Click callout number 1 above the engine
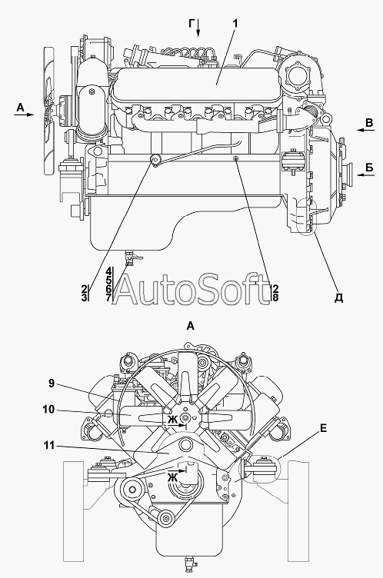coord(235,23)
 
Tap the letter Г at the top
coord(191,24)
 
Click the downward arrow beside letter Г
coord(198,28)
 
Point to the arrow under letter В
coord(365,130)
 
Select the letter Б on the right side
coord(369,168)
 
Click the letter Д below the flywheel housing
coord(338,298)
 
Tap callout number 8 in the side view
coord(275,297)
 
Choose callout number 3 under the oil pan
coord(84,297)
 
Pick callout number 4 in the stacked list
coord(108,271)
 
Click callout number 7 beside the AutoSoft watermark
coord(108,297)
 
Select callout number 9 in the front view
coord(52,384)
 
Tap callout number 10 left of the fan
coord(48,410)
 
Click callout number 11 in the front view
coord(49,446)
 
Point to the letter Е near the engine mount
coord(323,428)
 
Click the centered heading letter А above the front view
coord(191,326)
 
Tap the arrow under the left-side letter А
coord(24,115)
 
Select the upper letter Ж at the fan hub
coord(172,420)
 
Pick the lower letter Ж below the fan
coord(172,478)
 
